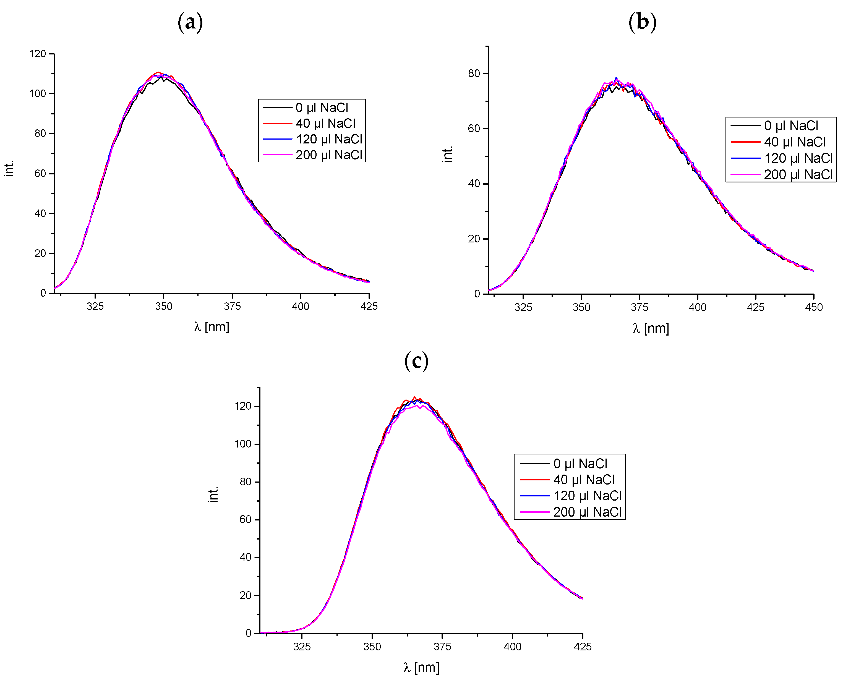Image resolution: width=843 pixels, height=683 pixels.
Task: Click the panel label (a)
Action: (190, 22)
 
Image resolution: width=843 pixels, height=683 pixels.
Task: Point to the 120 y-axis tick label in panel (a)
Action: (38, 54)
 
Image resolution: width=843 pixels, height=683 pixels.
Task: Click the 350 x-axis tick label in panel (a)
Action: (164, 307)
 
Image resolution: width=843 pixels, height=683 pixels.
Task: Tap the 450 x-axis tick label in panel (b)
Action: (813, 307)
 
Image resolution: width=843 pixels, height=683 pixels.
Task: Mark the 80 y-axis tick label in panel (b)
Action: (474, 74)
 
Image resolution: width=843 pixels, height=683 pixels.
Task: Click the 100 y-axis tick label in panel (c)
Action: (242, 444)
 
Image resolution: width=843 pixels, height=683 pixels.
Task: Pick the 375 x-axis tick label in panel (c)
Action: (442, 647)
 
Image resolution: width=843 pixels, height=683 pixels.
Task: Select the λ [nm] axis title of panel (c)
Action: (421, 667)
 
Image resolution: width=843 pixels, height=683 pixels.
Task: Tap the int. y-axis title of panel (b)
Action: (447, 154)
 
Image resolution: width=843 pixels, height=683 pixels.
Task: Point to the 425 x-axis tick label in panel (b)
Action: (755, 307)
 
